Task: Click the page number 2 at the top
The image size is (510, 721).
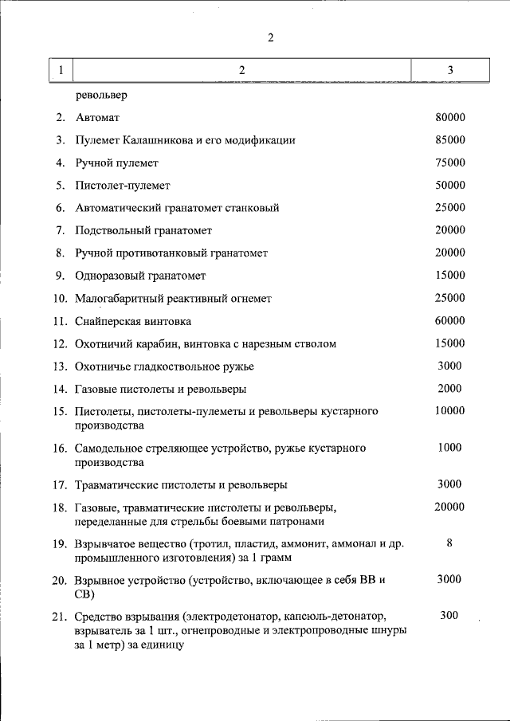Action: (271, 37)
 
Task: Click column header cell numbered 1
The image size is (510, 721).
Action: (61, 71)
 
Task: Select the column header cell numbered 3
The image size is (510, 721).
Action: (450, 71)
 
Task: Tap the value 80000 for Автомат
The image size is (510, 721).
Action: (450, 118)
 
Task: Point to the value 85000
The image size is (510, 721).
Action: (450, 140)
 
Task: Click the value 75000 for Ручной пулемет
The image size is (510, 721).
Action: (450, 163)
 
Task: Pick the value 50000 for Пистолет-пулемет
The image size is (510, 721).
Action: (450, 186)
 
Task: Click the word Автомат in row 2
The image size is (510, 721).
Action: (97, 118)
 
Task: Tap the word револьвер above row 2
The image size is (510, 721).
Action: (102, 96)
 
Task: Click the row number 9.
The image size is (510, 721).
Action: (61, 276)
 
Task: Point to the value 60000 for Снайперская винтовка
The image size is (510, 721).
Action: (450, 321)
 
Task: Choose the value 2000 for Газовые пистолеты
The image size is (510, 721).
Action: (450, 389)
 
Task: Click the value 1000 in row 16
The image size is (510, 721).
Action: (450, 448)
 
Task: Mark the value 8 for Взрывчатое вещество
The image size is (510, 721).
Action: (450, 543)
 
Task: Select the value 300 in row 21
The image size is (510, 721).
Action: (450, 616)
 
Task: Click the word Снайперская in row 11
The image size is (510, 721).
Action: (109, 321)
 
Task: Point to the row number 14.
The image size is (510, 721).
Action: (59, 390)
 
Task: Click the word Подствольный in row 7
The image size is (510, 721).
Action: (112, 230)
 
